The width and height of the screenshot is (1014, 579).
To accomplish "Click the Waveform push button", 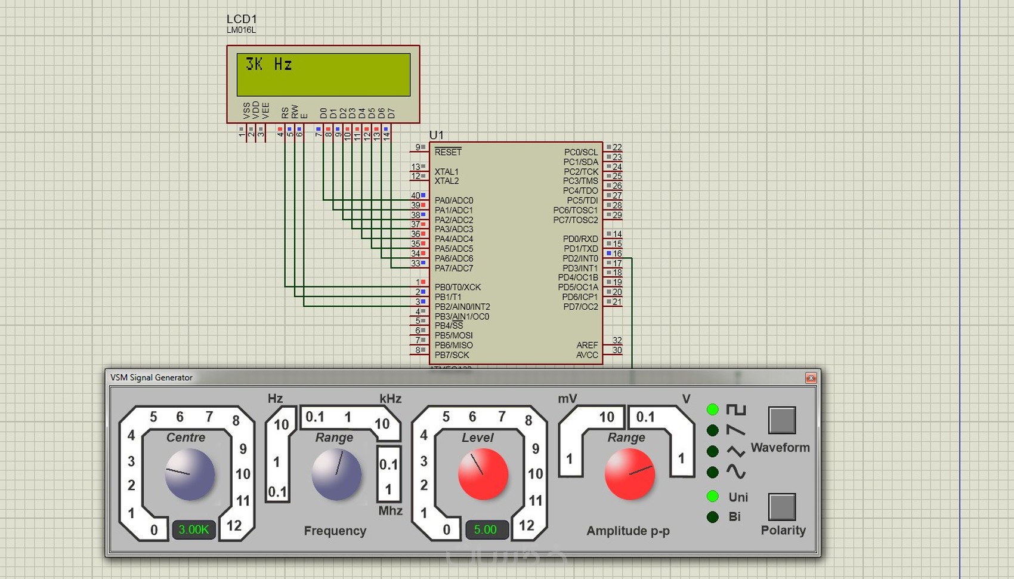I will tap(782, 420).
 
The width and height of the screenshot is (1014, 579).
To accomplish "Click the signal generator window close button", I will tap(811, 378).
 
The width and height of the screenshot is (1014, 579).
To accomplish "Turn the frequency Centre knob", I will tap(190, 475).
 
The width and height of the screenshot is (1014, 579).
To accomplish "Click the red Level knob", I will tap(483, 475).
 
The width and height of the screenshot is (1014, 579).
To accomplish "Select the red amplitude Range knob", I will tap(629, 475).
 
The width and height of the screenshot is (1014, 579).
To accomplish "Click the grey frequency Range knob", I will tap(336, 475).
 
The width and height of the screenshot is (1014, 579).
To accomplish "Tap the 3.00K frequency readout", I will tap(194, 529).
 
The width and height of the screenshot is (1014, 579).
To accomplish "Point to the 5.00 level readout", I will tap(486, 529).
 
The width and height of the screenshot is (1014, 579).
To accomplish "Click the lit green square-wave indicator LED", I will tap(713, 409).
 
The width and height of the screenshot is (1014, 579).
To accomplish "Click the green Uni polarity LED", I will tap(713, 496).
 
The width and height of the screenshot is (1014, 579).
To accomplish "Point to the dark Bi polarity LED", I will tap(713, 517).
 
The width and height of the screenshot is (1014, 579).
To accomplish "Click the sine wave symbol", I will tap(736, 472).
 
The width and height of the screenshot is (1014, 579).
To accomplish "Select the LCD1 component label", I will tap(242, 19).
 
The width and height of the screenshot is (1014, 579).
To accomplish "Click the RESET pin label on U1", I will tap(448, 152).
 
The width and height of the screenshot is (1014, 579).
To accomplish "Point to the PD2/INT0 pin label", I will tap(580, 258).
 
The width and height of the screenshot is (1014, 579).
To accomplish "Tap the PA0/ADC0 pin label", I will tap(453, 201).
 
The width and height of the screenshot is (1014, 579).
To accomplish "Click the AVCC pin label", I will tap(587, 355).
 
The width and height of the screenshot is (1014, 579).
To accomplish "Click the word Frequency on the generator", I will tap(335, 531).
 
